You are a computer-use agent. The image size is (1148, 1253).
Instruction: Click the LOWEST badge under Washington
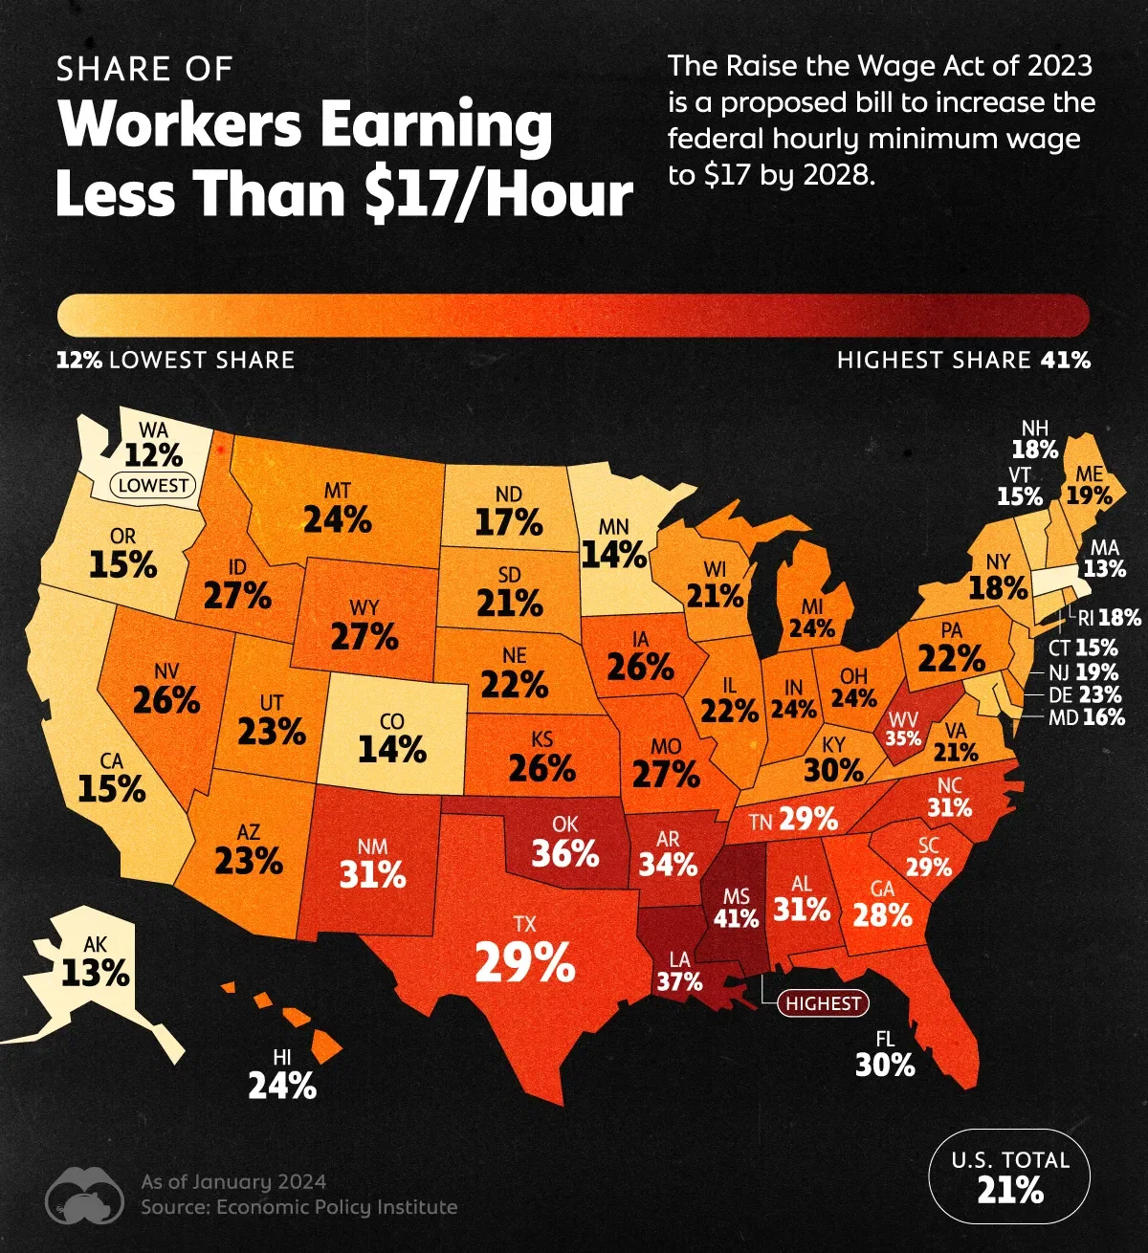tap(154, 485)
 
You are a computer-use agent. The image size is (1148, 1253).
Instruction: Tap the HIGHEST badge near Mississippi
tap(824, 1003)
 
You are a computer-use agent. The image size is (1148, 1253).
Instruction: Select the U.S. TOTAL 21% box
tap(1009, 1176)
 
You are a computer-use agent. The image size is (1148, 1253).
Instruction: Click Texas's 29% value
tap(525, 962)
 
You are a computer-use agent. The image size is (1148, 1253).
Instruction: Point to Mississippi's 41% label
tap(737, 918)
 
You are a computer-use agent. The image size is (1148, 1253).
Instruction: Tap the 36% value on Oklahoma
tap(565, 853)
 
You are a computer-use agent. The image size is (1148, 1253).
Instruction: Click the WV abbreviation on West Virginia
tap(903, 718)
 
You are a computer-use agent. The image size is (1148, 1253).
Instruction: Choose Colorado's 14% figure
tap(392, 750)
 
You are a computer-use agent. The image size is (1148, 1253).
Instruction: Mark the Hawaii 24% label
tap(282, 1087)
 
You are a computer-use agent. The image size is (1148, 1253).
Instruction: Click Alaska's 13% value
tap(96, 974)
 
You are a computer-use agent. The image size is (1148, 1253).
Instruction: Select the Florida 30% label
tap(885, 1065)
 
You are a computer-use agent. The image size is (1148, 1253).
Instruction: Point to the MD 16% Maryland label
tap(1087, 717)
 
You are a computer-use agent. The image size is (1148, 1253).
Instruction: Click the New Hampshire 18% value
tap(1035, 450)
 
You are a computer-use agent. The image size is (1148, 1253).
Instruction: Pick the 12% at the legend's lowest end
tap(80, 361)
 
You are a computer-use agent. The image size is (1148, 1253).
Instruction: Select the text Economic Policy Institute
tap(337, 1207)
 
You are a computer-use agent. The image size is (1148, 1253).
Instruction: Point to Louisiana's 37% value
tap(679, 981)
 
